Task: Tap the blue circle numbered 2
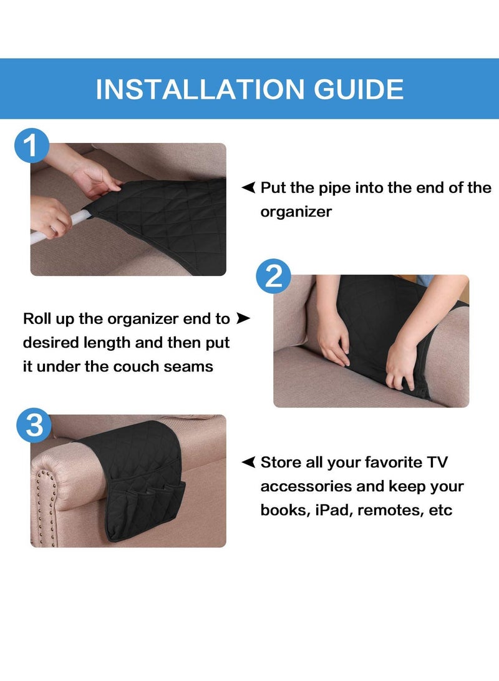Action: point(274,275)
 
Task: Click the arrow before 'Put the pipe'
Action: point(248,187)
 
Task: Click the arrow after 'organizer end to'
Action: point(243,319)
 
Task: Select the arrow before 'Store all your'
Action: point(248,462)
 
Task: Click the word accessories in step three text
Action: point(304,486)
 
